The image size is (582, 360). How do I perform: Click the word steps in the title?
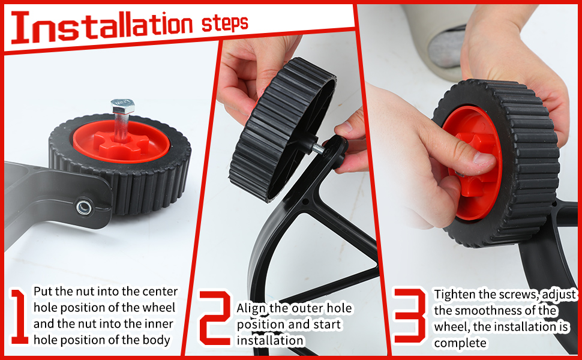pos(225,24)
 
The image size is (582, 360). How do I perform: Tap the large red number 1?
pos(19,316)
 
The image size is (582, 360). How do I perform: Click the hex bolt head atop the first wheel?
pos(122,107)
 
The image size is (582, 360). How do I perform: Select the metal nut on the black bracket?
pos(83,208)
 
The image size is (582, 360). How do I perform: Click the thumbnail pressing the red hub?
pos(483,158)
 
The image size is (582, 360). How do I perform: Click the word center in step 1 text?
pos(159,292)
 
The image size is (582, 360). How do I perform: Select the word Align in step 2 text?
pos(251,308)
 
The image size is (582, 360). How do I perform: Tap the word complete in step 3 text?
pos(459,343)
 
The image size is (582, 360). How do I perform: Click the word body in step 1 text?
pos(159,340)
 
